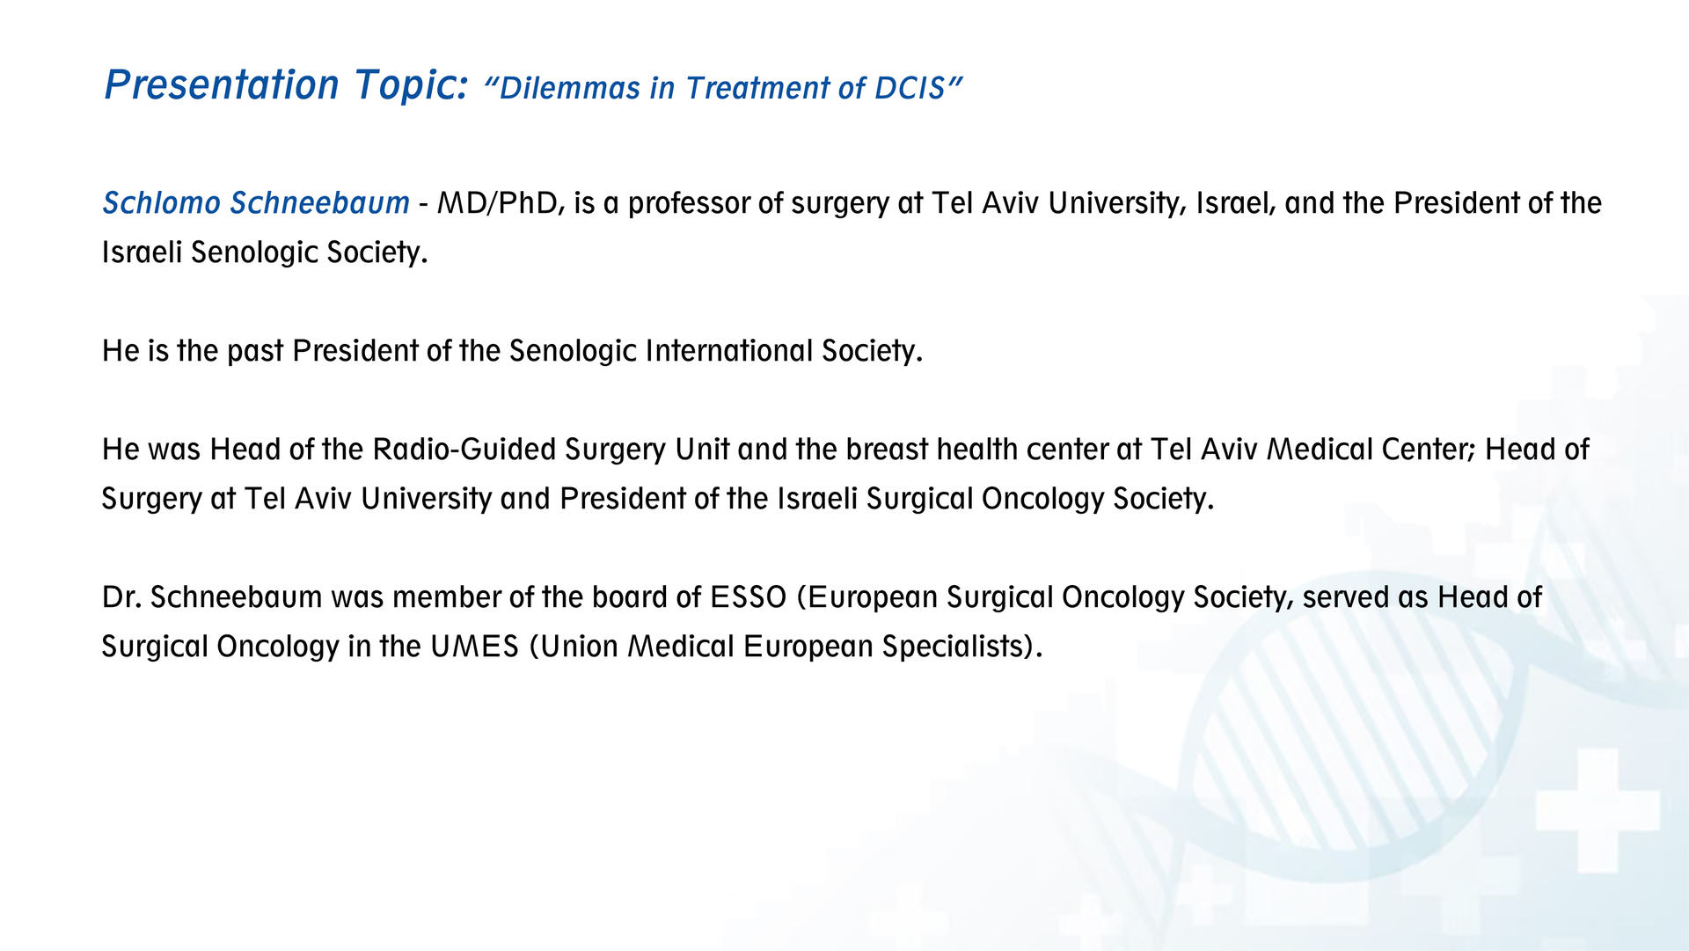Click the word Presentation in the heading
coord(222,85)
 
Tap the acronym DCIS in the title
coord(910,88)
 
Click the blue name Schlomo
coord(162,203)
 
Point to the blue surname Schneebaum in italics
coord(320,203)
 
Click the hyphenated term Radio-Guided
coord(464,450)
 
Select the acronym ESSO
coord(748,597)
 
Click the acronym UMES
coord(474,647)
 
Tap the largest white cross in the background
coord(1597,810)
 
